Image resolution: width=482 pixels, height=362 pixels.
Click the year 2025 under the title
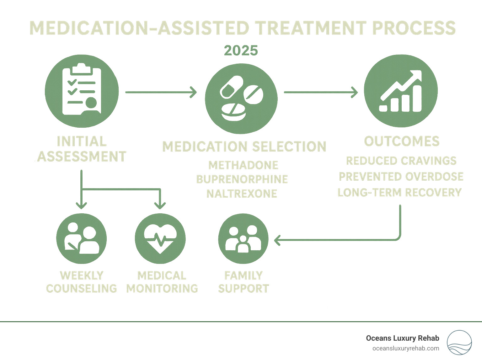pos(241,51)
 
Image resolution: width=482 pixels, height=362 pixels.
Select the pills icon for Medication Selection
pos(241,98)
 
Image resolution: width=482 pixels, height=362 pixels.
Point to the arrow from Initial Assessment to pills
pos(161,92)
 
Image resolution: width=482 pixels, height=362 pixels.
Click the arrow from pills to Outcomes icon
pos(320,92)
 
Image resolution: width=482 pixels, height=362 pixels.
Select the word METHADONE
pos(243,165)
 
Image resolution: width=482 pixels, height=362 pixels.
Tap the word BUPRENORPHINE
pos(242,179)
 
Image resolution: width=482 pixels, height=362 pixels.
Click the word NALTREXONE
pos(242,194)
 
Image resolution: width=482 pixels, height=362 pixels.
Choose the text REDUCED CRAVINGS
pos(401,161)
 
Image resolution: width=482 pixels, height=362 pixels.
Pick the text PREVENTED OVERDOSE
pos(401,176)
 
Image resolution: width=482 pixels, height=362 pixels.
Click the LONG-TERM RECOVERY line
pos(399,192)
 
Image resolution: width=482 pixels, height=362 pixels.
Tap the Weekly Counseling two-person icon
pos(82,239)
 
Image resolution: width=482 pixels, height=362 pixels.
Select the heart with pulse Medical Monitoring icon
pos(160,239)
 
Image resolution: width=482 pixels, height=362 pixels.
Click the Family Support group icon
pos(243,239)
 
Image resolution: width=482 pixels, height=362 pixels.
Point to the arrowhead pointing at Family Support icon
pos(277,240)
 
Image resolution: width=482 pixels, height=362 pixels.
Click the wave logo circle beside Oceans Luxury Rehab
pos(459,342)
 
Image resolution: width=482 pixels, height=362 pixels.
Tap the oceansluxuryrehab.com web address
pos(405,348)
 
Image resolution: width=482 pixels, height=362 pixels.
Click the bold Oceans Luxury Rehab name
pos(402,338)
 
